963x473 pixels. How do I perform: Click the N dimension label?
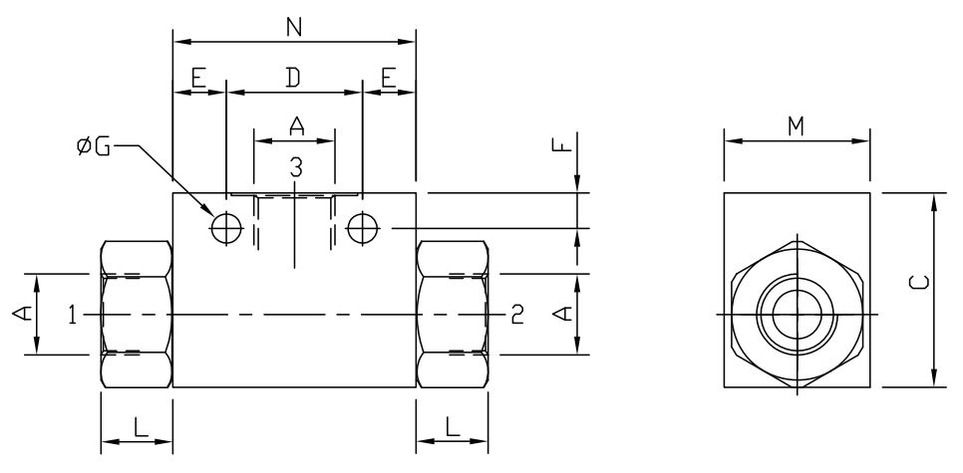pos(294,27)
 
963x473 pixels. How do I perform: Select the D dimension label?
pos(294,79)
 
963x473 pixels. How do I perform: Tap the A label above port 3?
pos(295,125)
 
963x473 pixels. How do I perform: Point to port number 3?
pos(295,167)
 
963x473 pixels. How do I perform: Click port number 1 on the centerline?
pos(73,315)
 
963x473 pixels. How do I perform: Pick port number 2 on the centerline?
pos(516,315)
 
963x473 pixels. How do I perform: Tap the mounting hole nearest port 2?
pos(362,228)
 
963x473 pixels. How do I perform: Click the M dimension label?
pos(796,125)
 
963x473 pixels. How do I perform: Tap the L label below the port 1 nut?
pos(139,427)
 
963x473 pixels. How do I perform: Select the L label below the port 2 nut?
pos(452,427)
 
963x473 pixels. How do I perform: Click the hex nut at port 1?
pos(137,314)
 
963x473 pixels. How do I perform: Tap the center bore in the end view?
pos(798,314)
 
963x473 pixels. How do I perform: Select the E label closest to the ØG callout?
pos(198,79)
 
